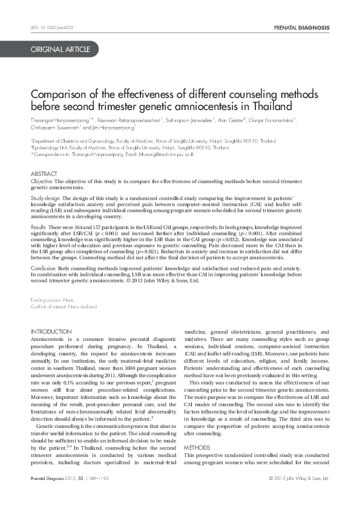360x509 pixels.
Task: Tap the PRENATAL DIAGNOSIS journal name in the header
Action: click(301, 28)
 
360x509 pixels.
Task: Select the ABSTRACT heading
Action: click(44, 173)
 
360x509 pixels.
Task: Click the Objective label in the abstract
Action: click(42, 181)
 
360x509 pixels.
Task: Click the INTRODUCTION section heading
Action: click(51, 331)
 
